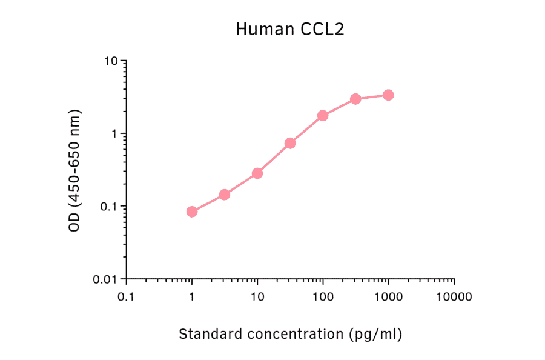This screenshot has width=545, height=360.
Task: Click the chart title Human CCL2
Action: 290,29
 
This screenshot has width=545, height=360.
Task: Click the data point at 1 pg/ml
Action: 192,212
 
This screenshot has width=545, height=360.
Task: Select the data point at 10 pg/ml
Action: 257,173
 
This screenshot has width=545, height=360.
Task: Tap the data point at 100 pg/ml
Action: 323,115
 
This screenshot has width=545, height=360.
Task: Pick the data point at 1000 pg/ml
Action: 388,95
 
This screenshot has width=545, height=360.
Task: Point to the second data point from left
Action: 225,195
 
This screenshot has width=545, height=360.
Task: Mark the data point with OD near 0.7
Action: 290,143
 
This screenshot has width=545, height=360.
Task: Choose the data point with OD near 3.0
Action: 355,99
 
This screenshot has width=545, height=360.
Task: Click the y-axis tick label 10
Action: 111,61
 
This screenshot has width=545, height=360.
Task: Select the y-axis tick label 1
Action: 114,134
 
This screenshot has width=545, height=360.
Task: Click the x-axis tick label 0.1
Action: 127,297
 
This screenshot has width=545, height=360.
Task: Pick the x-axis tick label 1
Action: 192,297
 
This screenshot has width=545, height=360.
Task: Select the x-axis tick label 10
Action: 257,297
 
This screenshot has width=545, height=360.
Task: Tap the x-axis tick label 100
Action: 323,297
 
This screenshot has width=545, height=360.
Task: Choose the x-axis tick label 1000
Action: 388,297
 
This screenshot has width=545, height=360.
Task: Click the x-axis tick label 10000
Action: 454,297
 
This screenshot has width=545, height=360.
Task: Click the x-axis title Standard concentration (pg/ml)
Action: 290,333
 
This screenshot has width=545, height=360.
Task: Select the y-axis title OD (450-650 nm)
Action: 74,170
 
